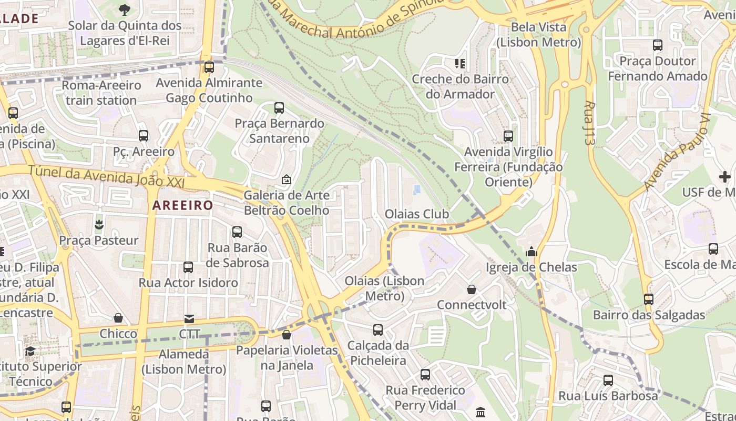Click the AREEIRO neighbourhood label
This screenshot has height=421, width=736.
(183, 205)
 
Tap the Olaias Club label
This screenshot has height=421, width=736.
(417, 214)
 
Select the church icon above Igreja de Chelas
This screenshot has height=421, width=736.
(531, 252)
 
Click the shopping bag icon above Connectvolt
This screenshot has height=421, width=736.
(472, 289)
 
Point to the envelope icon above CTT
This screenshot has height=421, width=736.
(189, 318)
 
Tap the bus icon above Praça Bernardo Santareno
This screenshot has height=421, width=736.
(279, 108)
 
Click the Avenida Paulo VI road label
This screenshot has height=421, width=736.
(677, 152)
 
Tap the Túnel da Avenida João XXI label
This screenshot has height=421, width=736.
(106, 176)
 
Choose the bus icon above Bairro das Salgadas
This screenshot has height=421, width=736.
(649, 299)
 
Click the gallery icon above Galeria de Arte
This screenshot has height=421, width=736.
(287, 180)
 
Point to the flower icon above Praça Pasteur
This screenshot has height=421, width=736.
(99, 225)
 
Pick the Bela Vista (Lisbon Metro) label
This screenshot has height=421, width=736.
(539, 34)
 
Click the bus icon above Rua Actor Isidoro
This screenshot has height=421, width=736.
(188, 267)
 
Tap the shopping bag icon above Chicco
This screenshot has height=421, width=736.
(118, 318)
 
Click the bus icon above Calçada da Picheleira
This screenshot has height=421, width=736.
(378, 330)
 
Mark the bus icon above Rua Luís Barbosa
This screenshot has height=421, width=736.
(608, 380)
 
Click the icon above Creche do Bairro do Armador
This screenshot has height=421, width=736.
(460, 64)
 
